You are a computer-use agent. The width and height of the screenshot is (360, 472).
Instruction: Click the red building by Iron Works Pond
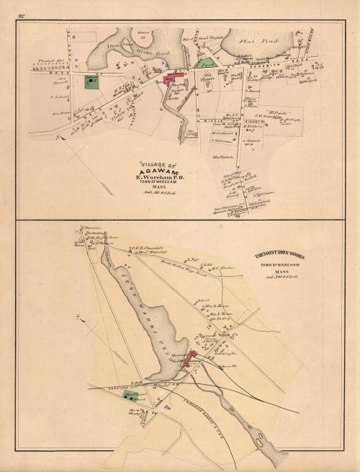(x=193, y=359)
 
